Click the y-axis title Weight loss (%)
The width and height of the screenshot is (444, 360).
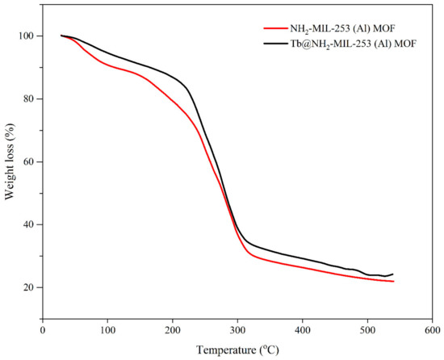point(10,161)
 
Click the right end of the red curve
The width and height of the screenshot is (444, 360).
point(393,281)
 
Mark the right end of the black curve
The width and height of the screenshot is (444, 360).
point(393,274)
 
